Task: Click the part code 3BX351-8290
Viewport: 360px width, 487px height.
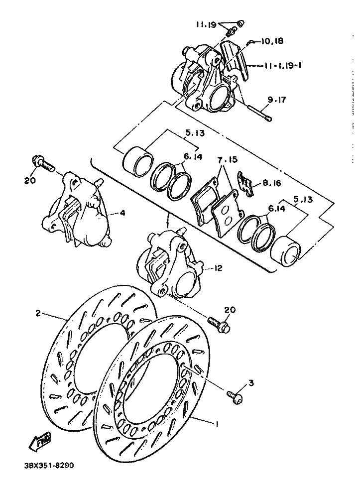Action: click(x=49, y=466)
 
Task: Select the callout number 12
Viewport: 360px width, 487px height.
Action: click(x=218, y=268)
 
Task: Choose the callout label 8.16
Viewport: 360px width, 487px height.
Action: click(x=272, y=183)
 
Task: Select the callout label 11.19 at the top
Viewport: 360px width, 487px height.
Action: click(x=206, y=24)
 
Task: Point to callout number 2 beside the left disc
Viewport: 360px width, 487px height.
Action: click(x=37, y=313)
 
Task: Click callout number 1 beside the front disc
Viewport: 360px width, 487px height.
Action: click(x=217, y=424)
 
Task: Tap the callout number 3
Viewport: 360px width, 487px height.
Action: click(x=251, y=382)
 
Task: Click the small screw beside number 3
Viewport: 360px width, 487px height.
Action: click(x=235, y=395)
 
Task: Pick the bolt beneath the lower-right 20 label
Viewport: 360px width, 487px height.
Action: click(x=219, y=324)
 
